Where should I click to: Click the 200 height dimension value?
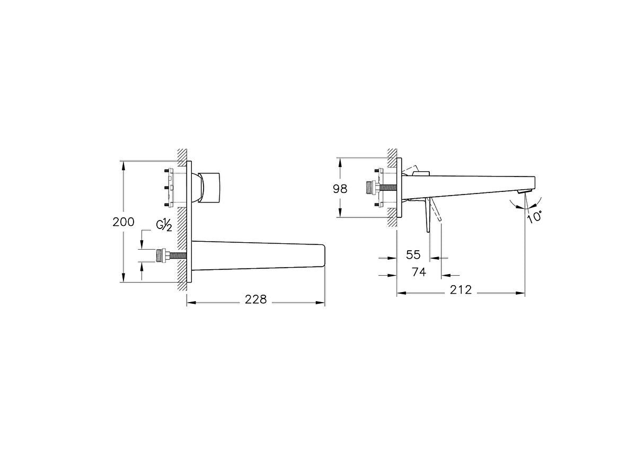point(123,222)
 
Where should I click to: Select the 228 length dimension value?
point(255,300)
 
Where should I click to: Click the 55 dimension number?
point(413,254)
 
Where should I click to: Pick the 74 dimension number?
point(419,272)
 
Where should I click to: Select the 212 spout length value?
point(461,290)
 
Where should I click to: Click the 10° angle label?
point(534,216)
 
